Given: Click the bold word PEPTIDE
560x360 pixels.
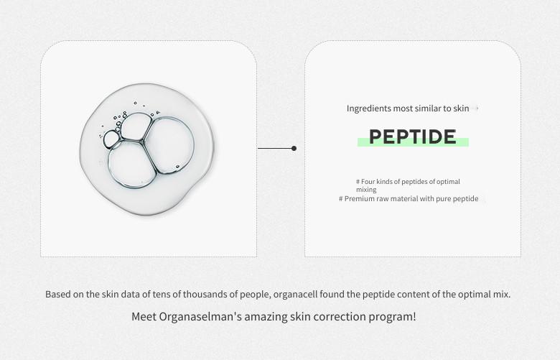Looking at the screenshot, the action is pyautogui.click(x=413, y=137).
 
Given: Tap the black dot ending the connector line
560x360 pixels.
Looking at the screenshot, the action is pyautogui.click(x=294, y=148).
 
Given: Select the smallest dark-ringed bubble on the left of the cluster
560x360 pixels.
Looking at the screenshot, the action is pyautogui.click(x=112, y=139).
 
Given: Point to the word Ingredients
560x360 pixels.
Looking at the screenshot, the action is pyautogui.click(x=368, y=109).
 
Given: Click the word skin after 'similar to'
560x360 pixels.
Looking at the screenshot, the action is pyautogui.click(x=461, y=109).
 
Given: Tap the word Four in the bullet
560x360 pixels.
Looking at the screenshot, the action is pyautogui.click(x=368, y=182).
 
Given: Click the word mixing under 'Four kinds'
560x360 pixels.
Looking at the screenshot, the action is pyautogui.click(x=366, y=190).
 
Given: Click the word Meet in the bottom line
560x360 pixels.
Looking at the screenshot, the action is pyautogui.click(x=144, y=317).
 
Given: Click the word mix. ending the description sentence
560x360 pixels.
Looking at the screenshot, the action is pyautogui.click(x=501, y=294).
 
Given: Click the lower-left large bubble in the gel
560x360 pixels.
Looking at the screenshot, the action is pyautogui.click(x=132, y=164).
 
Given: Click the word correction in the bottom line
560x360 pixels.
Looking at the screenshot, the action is pyautogui.click(x=337, y=317).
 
